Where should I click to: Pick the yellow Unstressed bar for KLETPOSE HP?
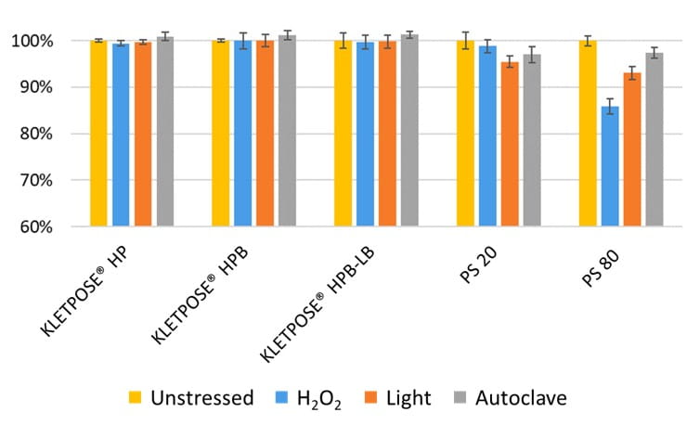coord(98,134)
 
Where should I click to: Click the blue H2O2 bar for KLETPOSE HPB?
coord(242,134)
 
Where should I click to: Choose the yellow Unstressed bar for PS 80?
coord(588,134)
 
